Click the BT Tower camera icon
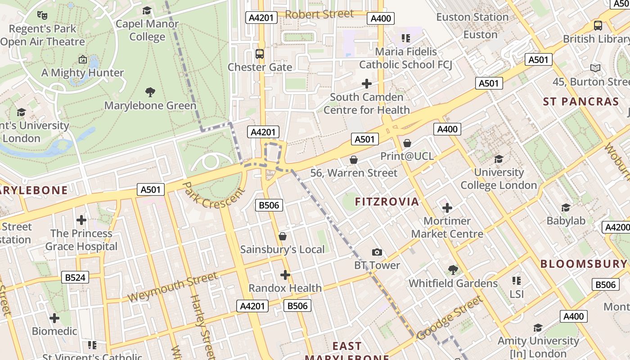coord(377,252)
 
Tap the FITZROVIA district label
coord(387,202)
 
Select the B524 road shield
coord(75,277)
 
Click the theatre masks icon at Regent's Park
coord(42,15)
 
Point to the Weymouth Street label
coord(172,288)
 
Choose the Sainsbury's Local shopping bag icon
coord(283,236)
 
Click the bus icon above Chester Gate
coord(260,54)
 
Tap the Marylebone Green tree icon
coord(150,93)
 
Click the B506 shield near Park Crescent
coord(269,206)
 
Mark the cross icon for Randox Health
coord(285,275)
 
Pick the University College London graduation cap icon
coord(499,159)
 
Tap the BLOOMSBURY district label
coord(583,264)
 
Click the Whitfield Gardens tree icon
coord(453,270)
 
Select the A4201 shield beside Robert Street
coord(261,18)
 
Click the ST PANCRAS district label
coord(581,102)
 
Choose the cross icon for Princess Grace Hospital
coord(81,220)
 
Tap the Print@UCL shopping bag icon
coord(407,143)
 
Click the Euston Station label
coord(472,17)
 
